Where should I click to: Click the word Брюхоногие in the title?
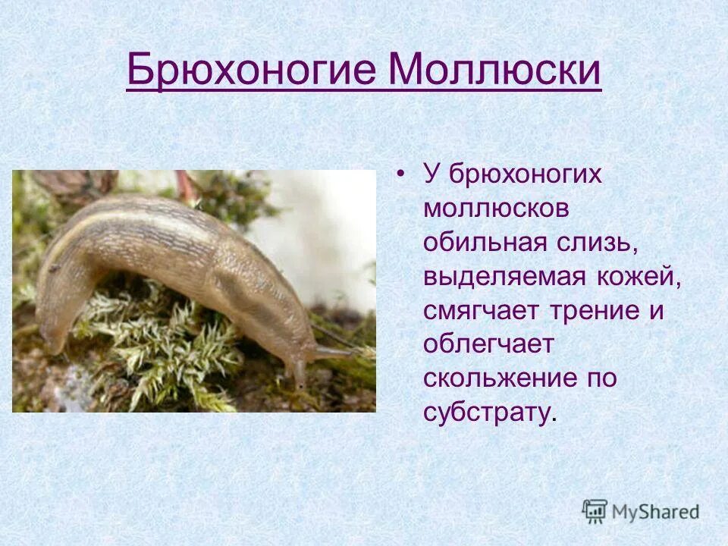click(250, 71)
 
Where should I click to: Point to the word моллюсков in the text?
click(496, 209)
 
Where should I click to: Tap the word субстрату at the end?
click(488, 414)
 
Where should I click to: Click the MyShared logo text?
click(655, 511)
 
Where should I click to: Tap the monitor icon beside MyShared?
click(595, 511)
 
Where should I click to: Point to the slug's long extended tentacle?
click(334, 352)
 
